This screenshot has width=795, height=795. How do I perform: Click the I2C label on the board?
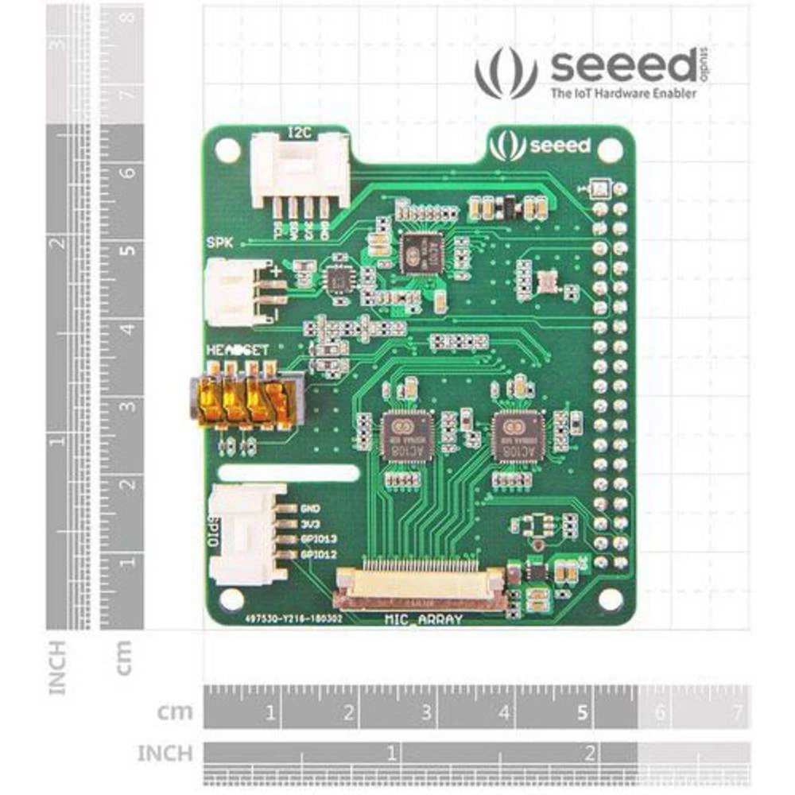pyautogui.click(x=299, y=131)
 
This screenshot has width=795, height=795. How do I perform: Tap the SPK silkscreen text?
pyautogui.click(x=219, y=243)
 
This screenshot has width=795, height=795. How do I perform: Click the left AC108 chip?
pyautogui.click(x=403, y=436)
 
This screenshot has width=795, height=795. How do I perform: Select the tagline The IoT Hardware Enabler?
pyautogui.click(x=613, y=94)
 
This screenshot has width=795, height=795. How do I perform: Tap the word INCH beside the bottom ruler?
pyautogui.click(x=165, y=753)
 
